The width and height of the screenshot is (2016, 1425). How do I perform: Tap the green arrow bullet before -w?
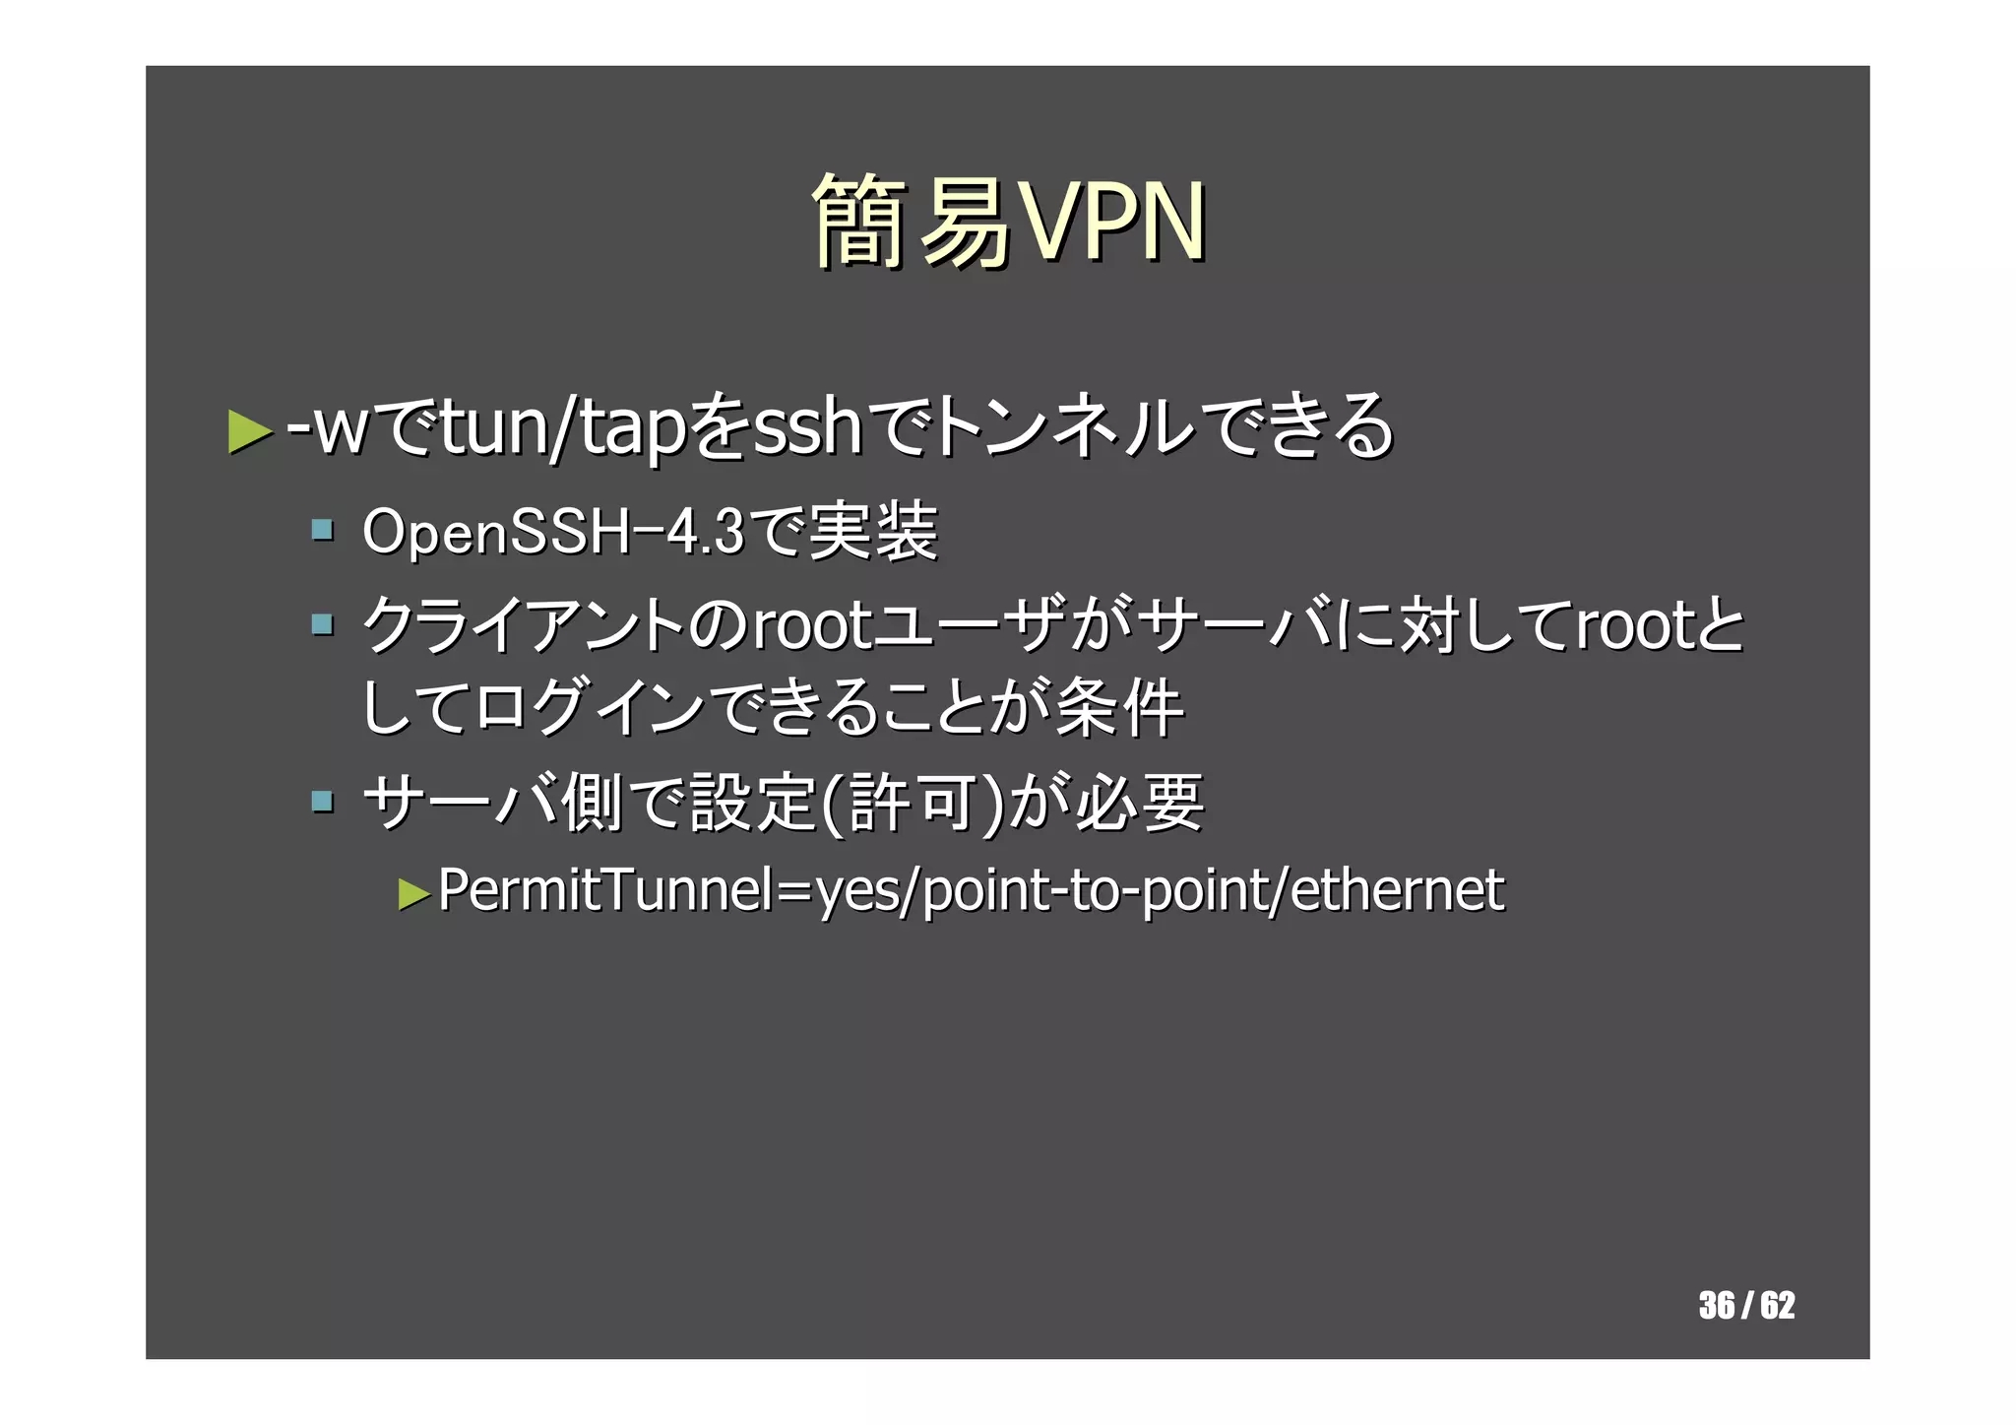click(x=249, y=431)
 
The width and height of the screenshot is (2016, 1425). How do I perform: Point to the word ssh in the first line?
click(x=807, y=428)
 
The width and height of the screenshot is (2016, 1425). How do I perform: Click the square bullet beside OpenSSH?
click(x=322, y=531)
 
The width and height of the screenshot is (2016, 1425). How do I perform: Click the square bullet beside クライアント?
click(x=322, y=623)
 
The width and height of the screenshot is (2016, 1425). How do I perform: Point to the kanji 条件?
click(x=1119, y=708)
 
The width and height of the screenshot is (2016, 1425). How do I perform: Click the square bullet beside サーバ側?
click(x=322, y=800)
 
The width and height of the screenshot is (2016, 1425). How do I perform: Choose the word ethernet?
click(x=1397, y=890)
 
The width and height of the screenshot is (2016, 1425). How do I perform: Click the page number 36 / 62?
click(x=1746, y=1305)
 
